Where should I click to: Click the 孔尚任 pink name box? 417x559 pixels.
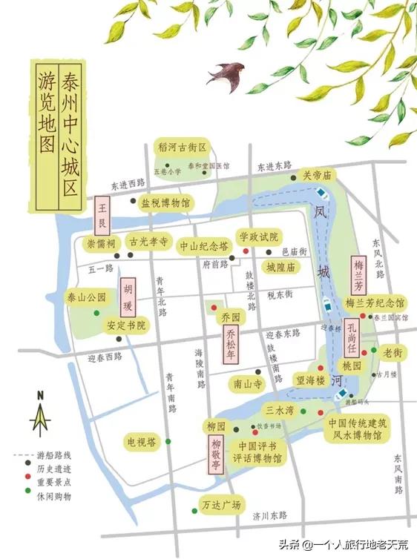[x=352, y=337]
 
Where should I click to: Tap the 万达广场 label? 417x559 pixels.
[x=222, y=506]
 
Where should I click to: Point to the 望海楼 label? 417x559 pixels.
[x=310, y=380]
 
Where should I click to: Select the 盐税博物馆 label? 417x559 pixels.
[x=165, y=202]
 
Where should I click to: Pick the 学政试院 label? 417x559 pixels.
[x=257, y=236]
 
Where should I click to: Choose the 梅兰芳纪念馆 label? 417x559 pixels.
[x=375, y=302]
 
